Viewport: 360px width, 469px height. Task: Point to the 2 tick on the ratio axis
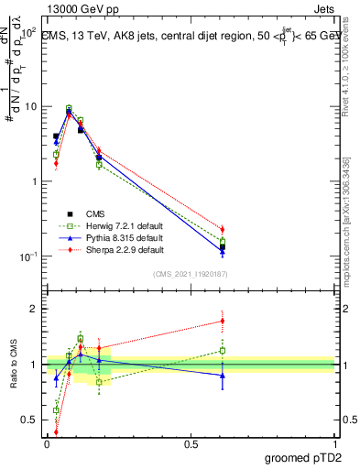pyautogui.click(x=35, y=309)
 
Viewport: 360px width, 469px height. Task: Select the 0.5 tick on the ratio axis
pyautogui.click(x=30, y=420)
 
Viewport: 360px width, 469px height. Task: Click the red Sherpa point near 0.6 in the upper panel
pyautogui.click(x=222, y=229)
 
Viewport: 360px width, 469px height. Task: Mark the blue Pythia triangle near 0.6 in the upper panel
pyautogui.click(x=222, y=251)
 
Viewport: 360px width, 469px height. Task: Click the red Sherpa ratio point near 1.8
pyautogui.click(x=222, y=321)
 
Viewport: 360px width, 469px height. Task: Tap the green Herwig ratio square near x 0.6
pyautogui.click(x=222, y=350)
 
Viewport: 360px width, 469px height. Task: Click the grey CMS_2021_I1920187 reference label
pyautogui.click(x=190, y=274)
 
